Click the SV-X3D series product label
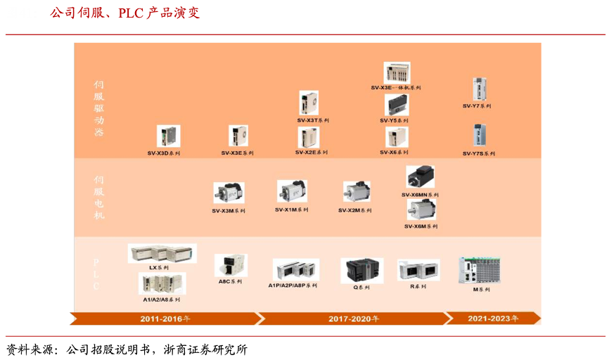click(163, 153)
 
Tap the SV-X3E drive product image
click(238, 136)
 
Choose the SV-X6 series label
click(394, 153)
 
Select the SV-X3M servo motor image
click(229, 193)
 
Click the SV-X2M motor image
click(357, 192)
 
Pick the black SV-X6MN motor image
click(421, 177)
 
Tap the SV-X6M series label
click(421, 226)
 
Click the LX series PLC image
click(162, 253)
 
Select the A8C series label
click(230, 281)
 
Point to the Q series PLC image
click(361, 271)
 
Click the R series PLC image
click(418, 271)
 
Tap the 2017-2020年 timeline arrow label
click(353, 319)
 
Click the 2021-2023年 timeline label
click(493, 319)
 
